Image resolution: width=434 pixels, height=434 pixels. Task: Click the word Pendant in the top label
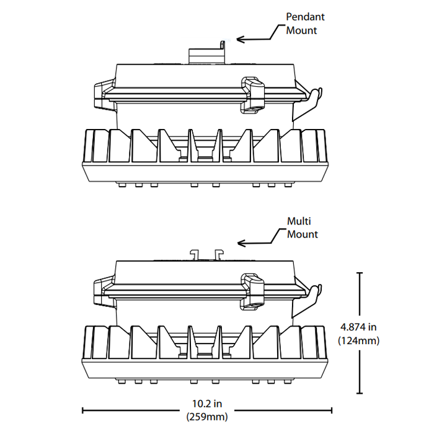305,17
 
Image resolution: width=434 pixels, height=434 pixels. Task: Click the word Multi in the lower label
299,221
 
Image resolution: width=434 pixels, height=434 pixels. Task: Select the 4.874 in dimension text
358,326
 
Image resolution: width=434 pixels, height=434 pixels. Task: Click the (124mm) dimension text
358,340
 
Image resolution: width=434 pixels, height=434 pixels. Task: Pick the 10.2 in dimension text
207,404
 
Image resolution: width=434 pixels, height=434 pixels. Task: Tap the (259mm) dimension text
207,417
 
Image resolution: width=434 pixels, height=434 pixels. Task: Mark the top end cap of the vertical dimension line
360,272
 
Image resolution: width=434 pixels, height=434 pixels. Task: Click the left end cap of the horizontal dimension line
83,409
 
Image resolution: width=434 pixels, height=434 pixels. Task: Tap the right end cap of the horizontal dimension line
332,409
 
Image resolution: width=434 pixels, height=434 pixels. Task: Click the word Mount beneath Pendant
301,30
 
